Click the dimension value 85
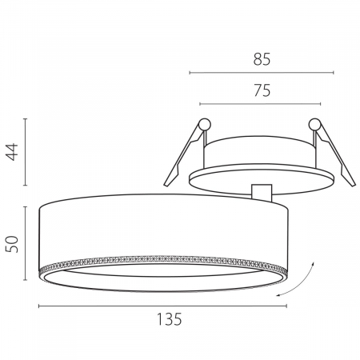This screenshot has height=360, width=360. [x=262, y=59]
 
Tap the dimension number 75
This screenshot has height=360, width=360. [x=262, y=90]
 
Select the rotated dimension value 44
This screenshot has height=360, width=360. [x=12, y=152]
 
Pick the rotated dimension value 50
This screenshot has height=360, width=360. [x=12, y=244]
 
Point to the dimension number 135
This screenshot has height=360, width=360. [x=169, y=319]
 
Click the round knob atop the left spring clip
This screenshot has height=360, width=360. [x=205, y=124]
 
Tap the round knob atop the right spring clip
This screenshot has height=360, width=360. [x=314, y=124]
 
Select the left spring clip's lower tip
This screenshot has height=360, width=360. [x=166, y=184]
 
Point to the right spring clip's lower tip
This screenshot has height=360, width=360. [x=354, y=185]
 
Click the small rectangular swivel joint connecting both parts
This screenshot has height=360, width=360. [x=262, y=193]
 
